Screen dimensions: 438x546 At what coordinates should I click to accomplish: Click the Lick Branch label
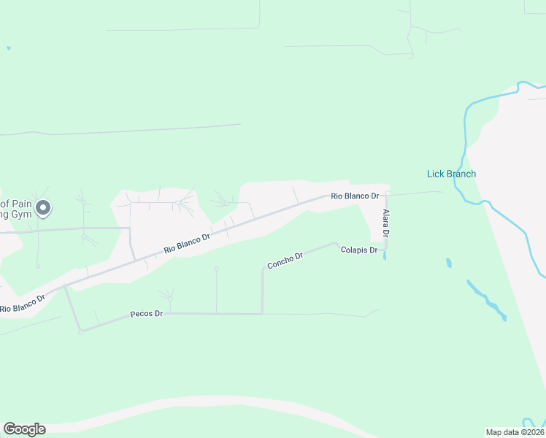(451, 174)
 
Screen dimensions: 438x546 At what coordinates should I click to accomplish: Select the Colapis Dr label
(358, 250)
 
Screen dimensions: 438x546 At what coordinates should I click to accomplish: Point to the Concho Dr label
(285, 261)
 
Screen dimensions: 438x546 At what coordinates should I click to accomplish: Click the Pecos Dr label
(146, 313)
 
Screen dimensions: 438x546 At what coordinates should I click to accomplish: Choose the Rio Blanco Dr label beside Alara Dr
(355, 196)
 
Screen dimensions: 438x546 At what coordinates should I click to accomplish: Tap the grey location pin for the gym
(43, 209)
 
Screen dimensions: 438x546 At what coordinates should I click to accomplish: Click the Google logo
(24, 429)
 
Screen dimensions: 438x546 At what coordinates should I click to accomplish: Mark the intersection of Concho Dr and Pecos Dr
(262, 314)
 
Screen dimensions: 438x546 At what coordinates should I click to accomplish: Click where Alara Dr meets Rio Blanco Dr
(386, 194)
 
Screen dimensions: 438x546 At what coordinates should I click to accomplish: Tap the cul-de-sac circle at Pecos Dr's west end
(81, 331)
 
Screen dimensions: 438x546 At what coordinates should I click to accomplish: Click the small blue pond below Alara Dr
(447, 262)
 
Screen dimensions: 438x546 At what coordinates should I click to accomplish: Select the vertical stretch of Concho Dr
(262, 292)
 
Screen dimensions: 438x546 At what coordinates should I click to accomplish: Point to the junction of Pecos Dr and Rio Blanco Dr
(65, 286)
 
